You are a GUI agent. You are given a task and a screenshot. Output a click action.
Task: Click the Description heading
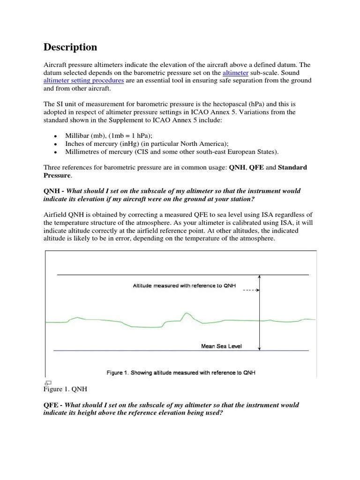[70, 47]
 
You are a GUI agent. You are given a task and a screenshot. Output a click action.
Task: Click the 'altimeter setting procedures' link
[83, 81]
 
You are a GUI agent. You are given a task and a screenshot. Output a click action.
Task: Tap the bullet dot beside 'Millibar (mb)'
[55, 136]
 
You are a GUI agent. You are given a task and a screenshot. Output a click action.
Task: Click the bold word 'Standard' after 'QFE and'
[292, 167]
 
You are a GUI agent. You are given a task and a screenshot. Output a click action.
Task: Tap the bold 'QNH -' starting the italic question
[54, 191]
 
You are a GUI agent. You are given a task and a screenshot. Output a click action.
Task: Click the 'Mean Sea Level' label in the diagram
[222, 346]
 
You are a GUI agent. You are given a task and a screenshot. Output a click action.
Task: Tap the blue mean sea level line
[141, 351]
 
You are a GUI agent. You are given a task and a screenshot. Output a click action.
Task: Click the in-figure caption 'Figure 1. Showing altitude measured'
[180, 373]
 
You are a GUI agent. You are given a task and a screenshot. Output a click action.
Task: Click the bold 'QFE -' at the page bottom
[53, 405]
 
